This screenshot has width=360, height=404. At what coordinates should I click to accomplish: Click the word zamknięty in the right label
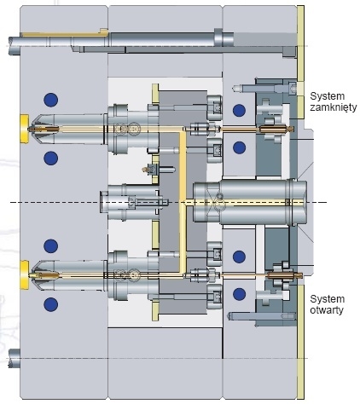pos(334,107)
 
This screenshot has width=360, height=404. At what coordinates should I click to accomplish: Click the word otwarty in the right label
pos(327,309)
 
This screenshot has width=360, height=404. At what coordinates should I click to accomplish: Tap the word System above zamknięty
pos(328,96)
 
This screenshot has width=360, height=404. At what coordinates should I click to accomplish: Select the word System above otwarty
pos(328,299)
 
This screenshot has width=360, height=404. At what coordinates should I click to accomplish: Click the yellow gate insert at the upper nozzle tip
pos(24,129)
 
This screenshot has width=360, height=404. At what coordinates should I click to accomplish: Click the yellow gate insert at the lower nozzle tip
pos(24,275)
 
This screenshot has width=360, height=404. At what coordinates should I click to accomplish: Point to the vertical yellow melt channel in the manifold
pos(183,202)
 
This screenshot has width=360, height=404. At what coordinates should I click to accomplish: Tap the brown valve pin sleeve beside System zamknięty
pos(276,130)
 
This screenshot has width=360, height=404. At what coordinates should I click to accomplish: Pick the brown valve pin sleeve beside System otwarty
pos(285,275)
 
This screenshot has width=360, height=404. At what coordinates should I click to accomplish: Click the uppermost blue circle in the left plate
pos(51,100)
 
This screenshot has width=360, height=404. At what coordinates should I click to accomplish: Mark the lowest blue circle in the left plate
pos(51,304)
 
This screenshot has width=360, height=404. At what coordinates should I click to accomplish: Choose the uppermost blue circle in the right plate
pos(239,110)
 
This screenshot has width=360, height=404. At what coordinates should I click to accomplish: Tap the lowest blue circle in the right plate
pos(239,294)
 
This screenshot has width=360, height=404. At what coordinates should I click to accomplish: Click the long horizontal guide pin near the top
pos(121,41)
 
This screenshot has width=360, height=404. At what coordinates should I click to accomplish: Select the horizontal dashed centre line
pos(168,202)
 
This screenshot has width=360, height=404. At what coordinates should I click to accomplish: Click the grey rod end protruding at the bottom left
pos(14,358)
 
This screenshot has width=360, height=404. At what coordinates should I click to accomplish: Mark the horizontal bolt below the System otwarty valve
pos(261,315)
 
